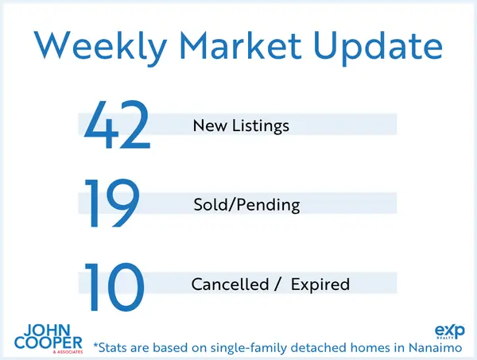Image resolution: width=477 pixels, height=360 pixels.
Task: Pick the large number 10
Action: [x=115, y=284]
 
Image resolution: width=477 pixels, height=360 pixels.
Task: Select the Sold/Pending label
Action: [x=246, y=205]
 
